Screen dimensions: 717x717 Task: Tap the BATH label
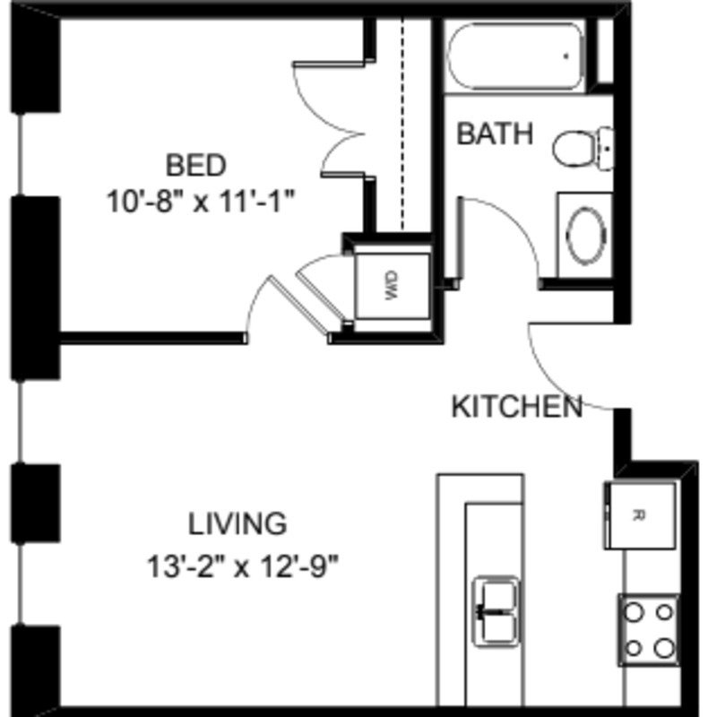coord(495,134)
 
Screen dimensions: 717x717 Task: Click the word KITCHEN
coord(516,407)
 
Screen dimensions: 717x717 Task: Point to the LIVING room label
coord(238,522)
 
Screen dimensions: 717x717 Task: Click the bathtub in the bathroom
coord(514,56)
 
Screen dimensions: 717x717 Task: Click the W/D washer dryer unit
coord(391,286)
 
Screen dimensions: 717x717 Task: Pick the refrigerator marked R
coord(638,514)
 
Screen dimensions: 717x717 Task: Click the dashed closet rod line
coord(402,125)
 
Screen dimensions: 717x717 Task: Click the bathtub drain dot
coord(566,56)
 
